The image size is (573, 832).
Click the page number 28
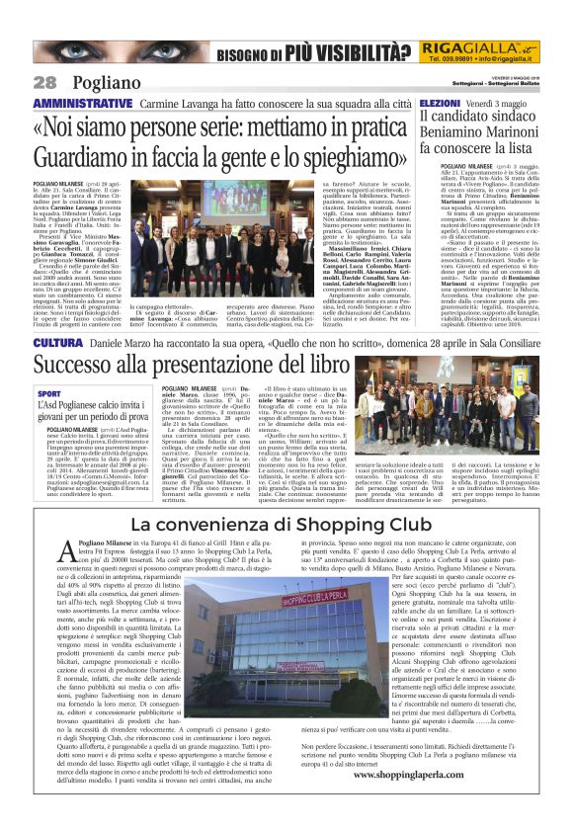point(44,82)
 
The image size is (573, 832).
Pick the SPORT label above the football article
point(49,393)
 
